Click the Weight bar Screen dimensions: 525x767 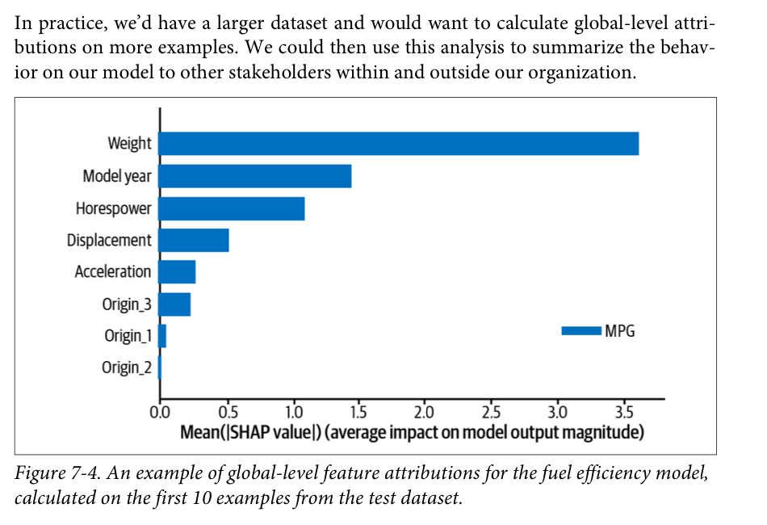click(x=399, y=143)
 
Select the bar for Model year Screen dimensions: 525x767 click(x=255, y=176)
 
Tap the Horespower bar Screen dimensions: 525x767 click(x=232, y=208)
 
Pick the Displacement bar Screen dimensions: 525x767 click(x=194, y=241)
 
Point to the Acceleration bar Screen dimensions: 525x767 click(x=177, y=272)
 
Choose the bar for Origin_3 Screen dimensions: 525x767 click(x=174, y=304)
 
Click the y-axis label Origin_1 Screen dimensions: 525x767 click(x=127, y=336)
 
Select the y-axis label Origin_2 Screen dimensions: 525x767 click(x=126, y=368)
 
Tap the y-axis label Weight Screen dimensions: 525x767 click(x=129, y=144)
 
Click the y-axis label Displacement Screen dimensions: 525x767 click(x=109, y=241)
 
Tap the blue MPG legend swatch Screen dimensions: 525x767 click(x=581, y=330)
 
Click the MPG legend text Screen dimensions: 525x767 click(x=620, y=330)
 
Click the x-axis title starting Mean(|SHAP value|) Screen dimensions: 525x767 click(x=412, y=432)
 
